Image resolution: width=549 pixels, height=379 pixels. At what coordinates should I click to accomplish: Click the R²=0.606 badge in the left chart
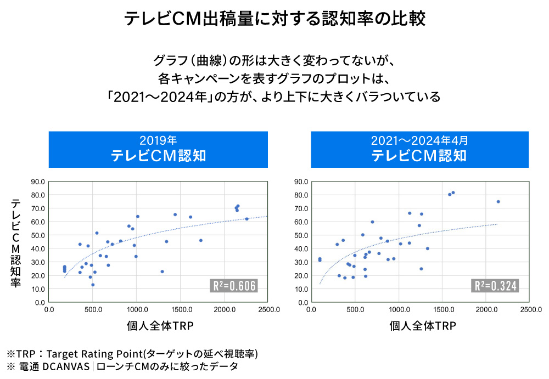(x=234, y=286)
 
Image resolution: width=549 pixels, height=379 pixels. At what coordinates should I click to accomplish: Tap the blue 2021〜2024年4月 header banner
(x=419, y=149)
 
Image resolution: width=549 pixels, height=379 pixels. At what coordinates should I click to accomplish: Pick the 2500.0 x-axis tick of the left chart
(x=267, y=309)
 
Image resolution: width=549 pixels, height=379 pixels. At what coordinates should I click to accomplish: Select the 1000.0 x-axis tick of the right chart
(x=399, y=309)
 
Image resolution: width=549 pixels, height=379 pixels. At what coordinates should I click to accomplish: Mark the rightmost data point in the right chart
(x=498, y=202)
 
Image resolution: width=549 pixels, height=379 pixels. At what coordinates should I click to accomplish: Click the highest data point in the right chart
(x=453, y=193)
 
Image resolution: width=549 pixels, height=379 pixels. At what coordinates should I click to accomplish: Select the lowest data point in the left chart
(x=93, y=285)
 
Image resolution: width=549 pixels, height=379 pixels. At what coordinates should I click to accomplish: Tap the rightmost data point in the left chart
(x=247, y=219)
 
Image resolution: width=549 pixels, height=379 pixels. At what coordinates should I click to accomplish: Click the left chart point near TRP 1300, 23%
(x=162, y=271)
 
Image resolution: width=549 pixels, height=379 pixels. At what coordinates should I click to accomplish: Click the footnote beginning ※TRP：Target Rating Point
(x=132, y=353)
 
